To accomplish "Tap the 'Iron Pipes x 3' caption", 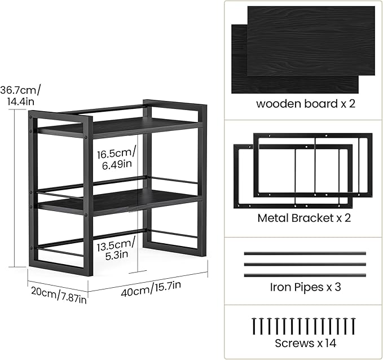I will [x=305, y=287].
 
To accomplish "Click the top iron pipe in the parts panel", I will [x=305, y=253].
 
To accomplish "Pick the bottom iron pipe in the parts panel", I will [x=305, y=275].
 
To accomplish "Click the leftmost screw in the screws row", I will [x=252, y=327].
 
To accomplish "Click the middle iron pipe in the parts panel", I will [x=305, y=264].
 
